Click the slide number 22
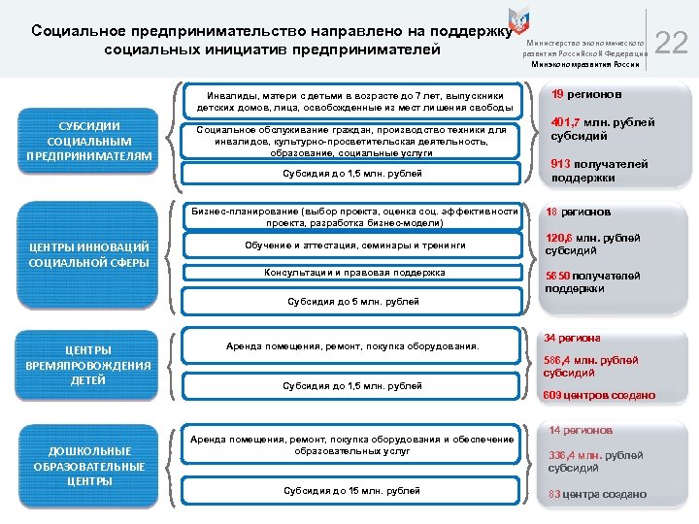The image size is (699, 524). pyautogui.click(x=671, y=43)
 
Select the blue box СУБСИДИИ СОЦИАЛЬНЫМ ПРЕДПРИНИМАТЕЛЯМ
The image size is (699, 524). pyautogui.click(x=89, y=142)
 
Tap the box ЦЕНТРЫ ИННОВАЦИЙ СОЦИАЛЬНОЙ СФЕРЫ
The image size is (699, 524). pyautogui.click(x=89, y=255)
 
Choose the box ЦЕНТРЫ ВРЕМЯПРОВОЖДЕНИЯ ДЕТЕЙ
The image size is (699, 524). pyautogui.click(x=89, y=365)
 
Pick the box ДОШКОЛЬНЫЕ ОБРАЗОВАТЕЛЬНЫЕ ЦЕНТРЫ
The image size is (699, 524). pyautogui.click(x=89, y=466)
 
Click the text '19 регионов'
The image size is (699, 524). pyautogui.click(x=586, y=95)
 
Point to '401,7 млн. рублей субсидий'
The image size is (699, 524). pyautogui.click(x=602, y=129)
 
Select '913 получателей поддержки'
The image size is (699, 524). pyautogui.click(x=599, y=171)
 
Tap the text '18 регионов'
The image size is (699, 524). pyautogui.click(x=579, y=212)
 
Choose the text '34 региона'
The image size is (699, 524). pyautogui.click(x=572, y=338)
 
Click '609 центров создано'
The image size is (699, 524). pyautogui.click(x=599, y=395)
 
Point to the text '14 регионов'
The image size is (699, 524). pyautogui.click(x=581, y=430)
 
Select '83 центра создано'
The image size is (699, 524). pyautogui.click(x=597, y=494)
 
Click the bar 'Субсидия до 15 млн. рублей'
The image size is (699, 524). pyautogui.click(x=352, y=491)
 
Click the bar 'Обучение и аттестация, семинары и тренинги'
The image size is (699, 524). pyautogui.click(x=354, y=246)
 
